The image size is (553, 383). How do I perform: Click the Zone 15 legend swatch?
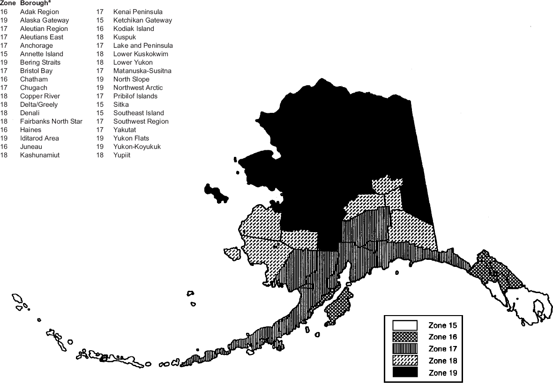(x=404, y=325)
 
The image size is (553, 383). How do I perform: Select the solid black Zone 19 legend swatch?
(x=404, y=373)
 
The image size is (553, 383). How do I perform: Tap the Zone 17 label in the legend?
(x=442, y=349)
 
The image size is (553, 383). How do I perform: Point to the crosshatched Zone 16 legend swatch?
(x=404, y=337)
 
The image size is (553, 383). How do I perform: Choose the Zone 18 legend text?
(x=442, y=361)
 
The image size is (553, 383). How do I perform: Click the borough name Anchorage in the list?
(x=36, y=45)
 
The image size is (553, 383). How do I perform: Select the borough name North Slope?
(x=131, y=79)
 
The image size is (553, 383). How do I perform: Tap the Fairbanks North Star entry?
(x=51, y=121)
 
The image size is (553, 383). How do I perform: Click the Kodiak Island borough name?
(x=134, y=29)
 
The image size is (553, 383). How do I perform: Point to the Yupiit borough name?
(x=122, y=155)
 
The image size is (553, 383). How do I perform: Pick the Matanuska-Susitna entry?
(x=142, y=71)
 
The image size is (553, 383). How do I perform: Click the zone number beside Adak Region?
(x=4, y=12)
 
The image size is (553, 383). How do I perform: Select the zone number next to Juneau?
(x=4, y=147)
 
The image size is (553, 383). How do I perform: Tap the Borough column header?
(x=34, y=3)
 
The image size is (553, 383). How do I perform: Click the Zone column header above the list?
(x=7, y=3)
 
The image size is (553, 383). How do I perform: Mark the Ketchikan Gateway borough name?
(x=142, y=20)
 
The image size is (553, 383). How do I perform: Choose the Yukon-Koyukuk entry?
(x=137, y=147)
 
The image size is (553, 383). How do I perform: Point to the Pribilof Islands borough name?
(x=135, y=96)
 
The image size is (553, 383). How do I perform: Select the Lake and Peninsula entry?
(x=143, y=45)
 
